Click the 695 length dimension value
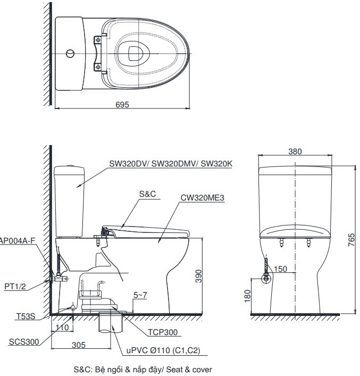122,105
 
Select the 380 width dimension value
295,152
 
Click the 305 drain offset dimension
78,345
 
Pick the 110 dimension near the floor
62,328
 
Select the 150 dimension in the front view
281,269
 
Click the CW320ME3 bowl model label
203,198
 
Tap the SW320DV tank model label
171,164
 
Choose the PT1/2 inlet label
15,287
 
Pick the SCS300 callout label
24,342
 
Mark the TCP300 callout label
163,333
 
